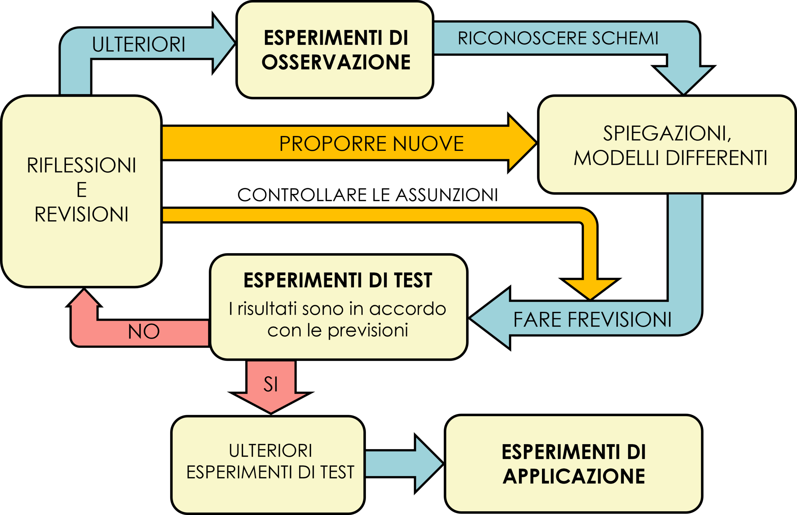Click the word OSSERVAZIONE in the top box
(336, 62)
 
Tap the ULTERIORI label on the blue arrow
(138, 44)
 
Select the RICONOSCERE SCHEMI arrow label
(558, 38)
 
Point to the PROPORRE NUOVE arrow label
(371, 143)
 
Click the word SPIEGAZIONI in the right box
(667, 133)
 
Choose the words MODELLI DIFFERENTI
(670, 158)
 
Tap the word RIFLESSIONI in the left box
(81, 165)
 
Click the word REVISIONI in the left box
(81, 214)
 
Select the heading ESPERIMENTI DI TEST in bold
(337, 280)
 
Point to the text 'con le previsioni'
(337, 330)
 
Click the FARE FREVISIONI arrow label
(592, 319)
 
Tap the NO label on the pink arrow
(144, 332)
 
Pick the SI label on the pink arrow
(271, 384)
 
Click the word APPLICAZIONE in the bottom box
(574, 476)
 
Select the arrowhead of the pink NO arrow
(84, 298)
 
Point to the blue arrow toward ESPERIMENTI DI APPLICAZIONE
(403, 464)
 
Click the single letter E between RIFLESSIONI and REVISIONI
(82, 190)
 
